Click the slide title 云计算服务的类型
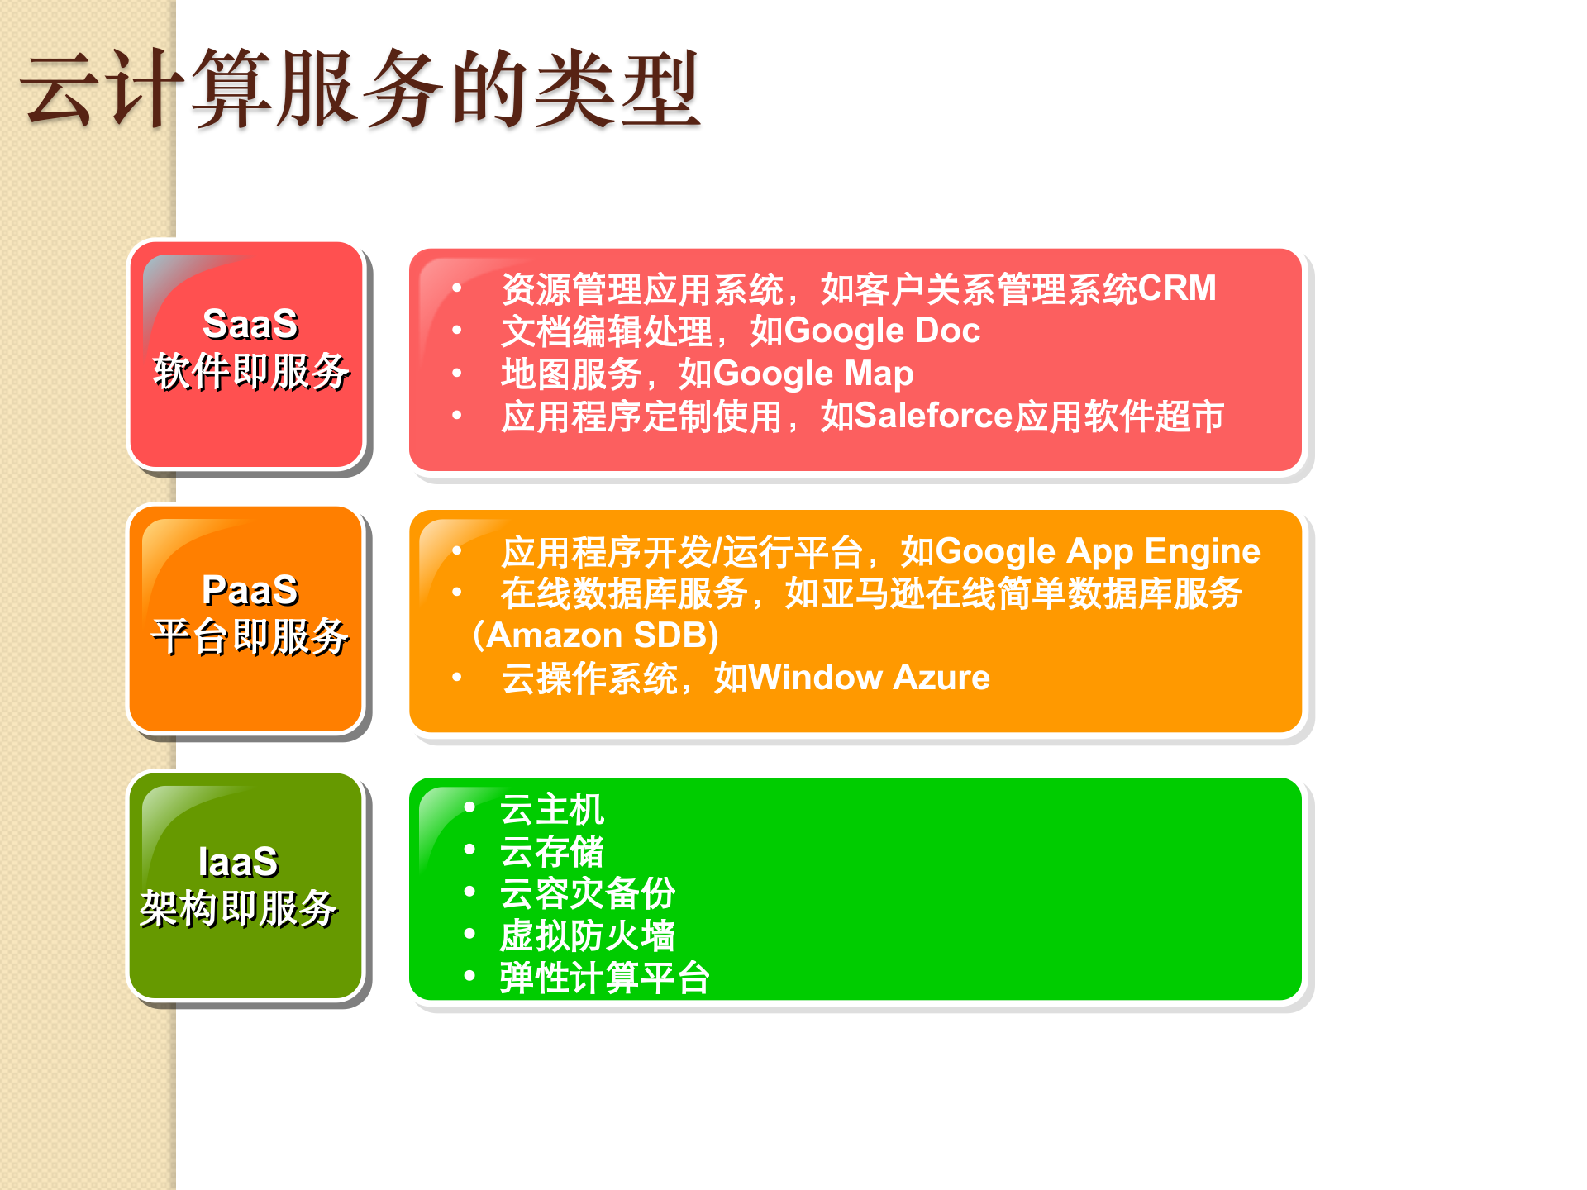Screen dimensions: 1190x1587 (x=360, y=89)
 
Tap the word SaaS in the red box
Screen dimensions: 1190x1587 (x=250, y=324)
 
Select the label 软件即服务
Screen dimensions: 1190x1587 (x=250, y=371)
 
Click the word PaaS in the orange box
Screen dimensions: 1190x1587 (x=250, y=590)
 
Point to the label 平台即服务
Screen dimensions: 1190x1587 (x=250, y=636)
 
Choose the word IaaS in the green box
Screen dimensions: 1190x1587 (x=238, y=862)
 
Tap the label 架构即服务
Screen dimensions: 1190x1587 (x=238, y=909)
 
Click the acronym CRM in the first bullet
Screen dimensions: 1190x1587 (x=1176, y=288)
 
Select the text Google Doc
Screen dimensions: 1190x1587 (x=882, y=331)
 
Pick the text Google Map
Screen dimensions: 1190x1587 (x=813, y=374)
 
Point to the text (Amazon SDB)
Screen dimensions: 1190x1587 (x=595, y=635)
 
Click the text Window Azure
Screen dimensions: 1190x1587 (x=870, y=678)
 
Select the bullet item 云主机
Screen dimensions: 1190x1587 (x=552, y=809)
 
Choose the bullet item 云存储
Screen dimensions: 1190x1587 (x=552, y=851)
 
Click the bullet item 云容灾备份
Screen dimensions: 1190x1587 (x=587, y=893)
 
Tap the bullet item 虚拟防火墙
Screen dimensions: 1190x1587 (x=587, y=935)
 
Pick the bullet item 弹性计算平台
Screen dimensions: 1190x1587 (x=604, y=978)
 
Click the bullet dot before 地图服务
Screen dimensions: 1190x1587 (x=457, y=374)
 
